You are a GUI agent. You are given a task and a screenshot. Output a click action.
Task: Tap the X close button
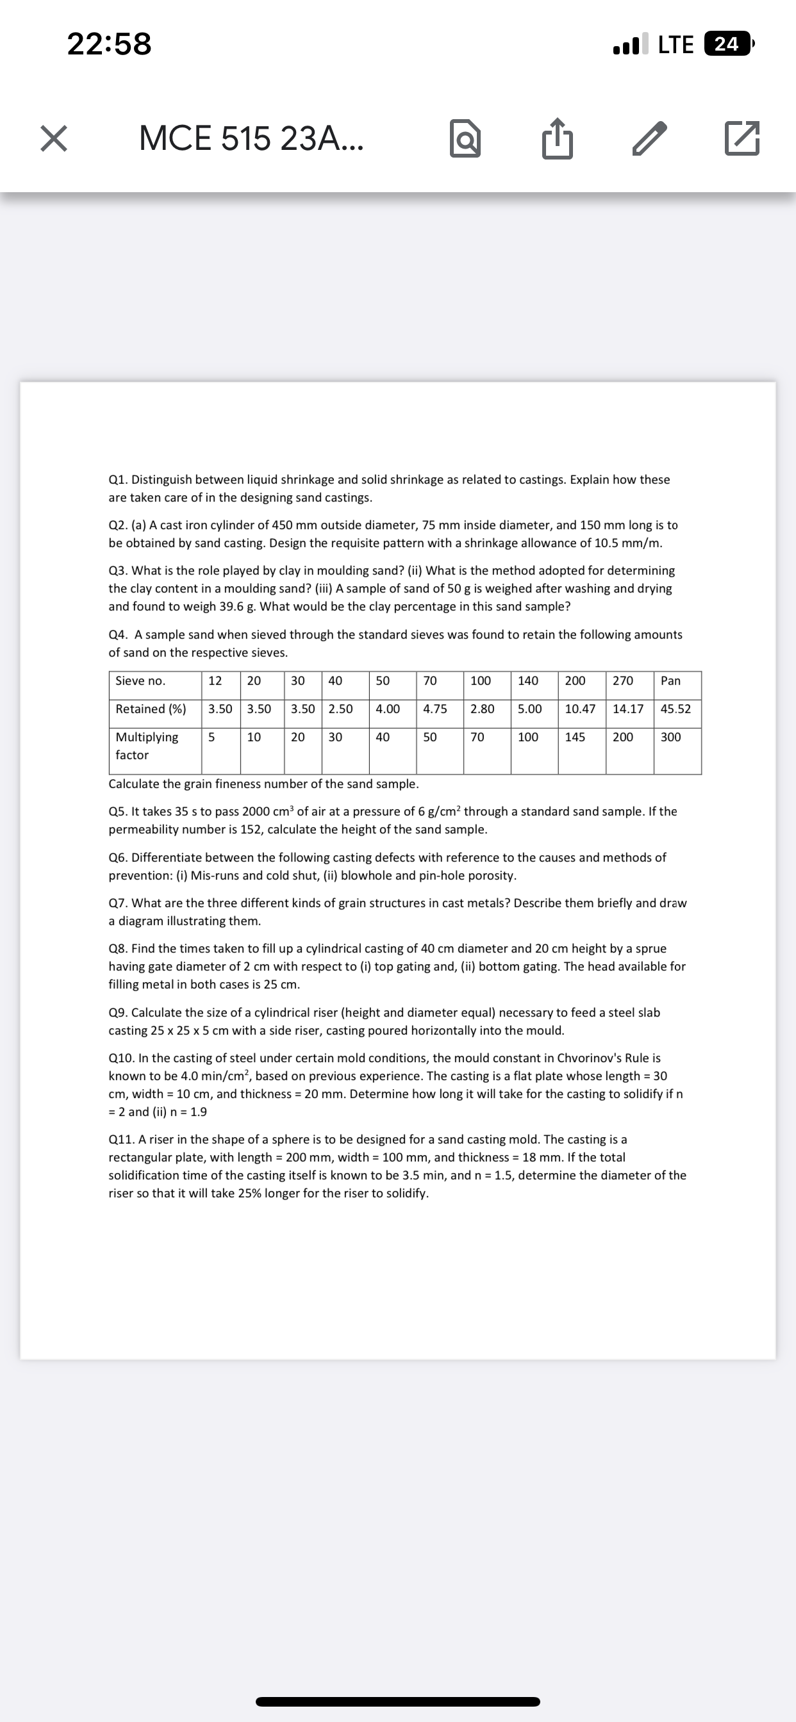coord(53,138)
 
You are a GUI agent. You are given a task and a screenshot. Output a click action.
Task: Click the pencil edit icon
coord(649,138)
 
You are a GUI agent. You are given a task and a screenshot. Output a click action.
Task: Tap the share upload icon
coord(557,138)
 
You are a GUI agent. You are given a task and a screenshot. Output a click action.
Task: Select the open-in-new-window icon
coord(742,138)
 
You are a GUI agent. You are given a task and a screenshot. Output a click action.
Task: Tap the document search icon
coord(465,138)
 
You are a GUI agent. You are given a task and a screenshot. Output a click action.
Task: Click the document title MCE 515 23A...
coord(251,138)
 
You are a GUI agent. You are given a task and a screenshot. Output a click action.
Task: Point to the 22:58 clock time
coord(109,44)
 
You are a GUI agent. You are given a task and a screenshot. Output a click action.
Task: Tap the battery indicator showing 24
coord(727,44)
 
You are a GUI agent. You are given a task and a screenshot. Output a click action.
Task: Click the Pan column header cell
coord(670,680)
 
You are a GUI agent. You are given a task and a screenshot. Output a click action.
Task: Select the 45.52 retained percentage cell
coord(676,709)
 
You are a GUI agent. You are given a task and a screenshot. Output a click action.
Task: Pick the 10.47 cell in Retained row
coord(580,709)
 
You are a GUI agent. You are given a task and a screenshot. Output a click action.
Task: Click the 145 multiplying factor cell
coord(575,737)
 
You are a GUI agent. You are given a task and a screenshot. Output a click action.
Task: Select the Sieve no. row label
coord(140,680)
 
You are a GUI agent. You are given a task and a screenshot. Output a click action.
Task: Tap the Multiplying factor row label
coord(147,745)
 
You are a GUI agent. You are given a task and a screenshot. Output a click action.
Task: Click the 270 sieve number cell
coord(623,680)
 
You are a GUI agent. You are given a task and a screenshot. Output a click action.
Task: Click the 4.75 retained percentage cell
coord(435,709)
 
